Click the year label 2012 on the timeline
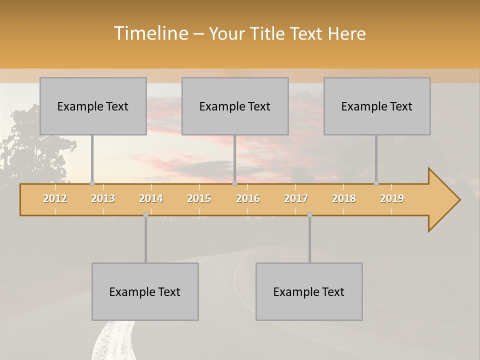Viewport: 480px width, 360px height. (x=55, y=198)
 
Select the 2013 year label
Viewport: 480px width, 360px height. (x=103, y=198)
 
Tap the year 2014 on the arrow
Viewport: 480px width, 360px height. (x=151, y=198)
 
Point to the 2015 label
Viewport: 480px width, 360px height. (x=199, y=198)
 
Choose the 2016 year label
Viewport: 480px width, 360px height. (x=248, y=198)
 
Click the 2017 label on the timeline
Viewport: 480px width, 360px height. (x=296, y=198)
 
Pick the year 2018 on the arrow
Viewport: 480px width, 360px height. (x=344, y=198)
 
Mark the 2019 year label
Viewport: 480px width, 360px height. (x=392, y=198)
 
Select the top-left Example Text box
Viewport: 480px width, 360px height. (x=93, y=106)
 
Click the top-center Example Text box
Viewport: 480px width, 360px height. (x=235, y=106)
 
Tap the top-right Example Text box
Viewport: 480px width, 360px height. (x=377, y=106)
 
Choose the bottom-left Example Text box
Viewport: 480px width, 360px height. (x=145, y=291)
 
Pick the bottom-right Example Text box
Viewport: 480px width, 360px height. (x=309, y=291)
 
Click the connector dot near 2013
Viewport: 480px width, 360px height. (x=92, y=183)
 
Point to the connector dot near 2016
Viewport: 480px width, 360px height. (x=234, y=183)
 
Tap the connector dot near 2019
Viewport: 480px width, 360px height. (x=376, y=183)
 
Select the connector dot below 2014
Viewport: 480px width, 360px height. (x=145, y=214)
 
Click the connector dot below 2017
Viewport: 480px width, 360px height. (x=309, y=214)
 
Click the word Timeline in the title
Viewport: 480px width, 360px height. (x=150, y=33)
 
